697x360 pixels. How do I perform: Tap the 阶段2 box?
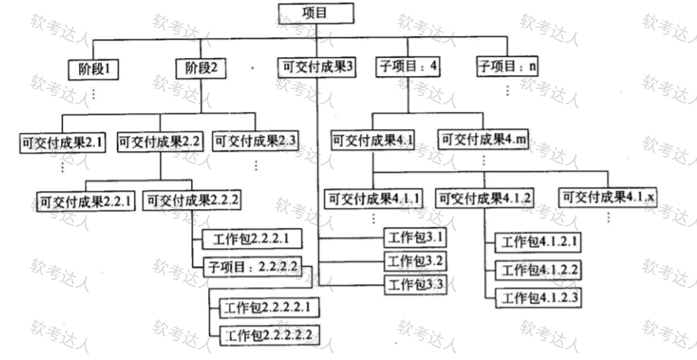pyautogui.click(x=202, y=68)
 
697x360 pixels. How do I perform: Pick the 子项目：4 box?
pyautogui.click(x=407, y=68)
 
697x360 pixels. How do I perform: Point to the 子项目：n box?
pyautogui.click(x=507, y=68)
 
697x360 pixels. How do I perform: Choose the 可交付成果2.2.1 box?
pyautogui.click(x=87, y=199)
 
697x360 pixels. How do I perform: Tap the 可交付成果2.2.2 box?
pyautogui.click(x=192, y=199)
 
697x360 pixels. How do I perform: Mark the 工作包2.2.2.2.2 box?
pyautogui.click(x=268, y=335)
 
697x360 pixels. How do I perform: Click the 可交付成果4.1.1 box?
pyautogui.click(x=375, y=198)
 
